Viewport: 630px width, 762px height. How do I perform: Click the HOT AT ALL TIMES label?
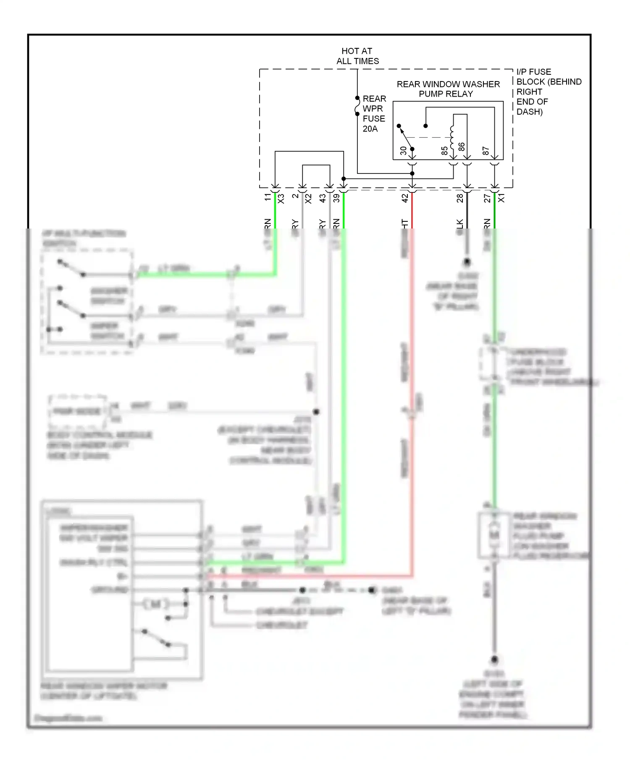(357, 56)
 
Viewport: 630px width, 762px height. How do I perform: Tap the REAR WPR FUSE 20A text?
(374, 113)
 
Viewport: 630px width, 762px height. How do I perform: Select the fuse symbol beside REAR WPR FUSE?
(357, 106)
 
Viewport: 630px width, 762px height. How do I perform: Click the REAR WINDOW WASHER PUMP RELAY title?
(448, 89)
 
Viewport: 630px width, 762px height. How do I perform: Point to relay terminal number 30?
(403, 150)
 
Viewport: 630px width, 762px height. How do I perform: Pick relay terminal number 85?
(444, 150)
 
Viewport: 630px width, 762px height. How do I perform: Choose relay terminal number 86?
(462, 147)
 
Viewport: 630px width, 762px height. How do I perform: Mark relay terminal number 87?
(486, 150)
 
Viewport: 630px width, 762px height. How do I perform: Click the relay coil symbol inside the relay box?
(452, 137)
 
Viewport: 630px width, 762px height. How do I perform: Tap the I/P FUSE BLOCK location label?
(548, 92)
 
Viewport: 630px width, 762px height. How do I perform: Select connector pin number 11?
(268, 197)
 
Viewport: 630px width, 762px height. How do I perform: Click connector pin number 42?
(405, 198)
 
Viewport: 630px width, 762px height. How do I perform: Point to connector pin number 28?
(460, 198)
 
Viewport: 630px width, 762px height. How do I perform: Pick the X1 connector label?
(501, 198)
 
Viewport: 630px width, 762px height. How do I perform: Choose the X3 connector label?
(281, 198)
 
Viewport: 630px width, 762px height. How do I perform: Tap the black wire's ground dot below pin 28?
(467, 262)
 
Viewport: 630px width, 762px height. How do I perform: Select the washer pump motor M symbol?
(494, 534)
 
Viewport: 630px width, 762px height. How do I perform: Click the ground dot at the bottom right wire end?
(494, 660)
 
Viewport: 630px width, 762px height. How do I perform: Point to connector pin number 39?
(336, 198)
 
